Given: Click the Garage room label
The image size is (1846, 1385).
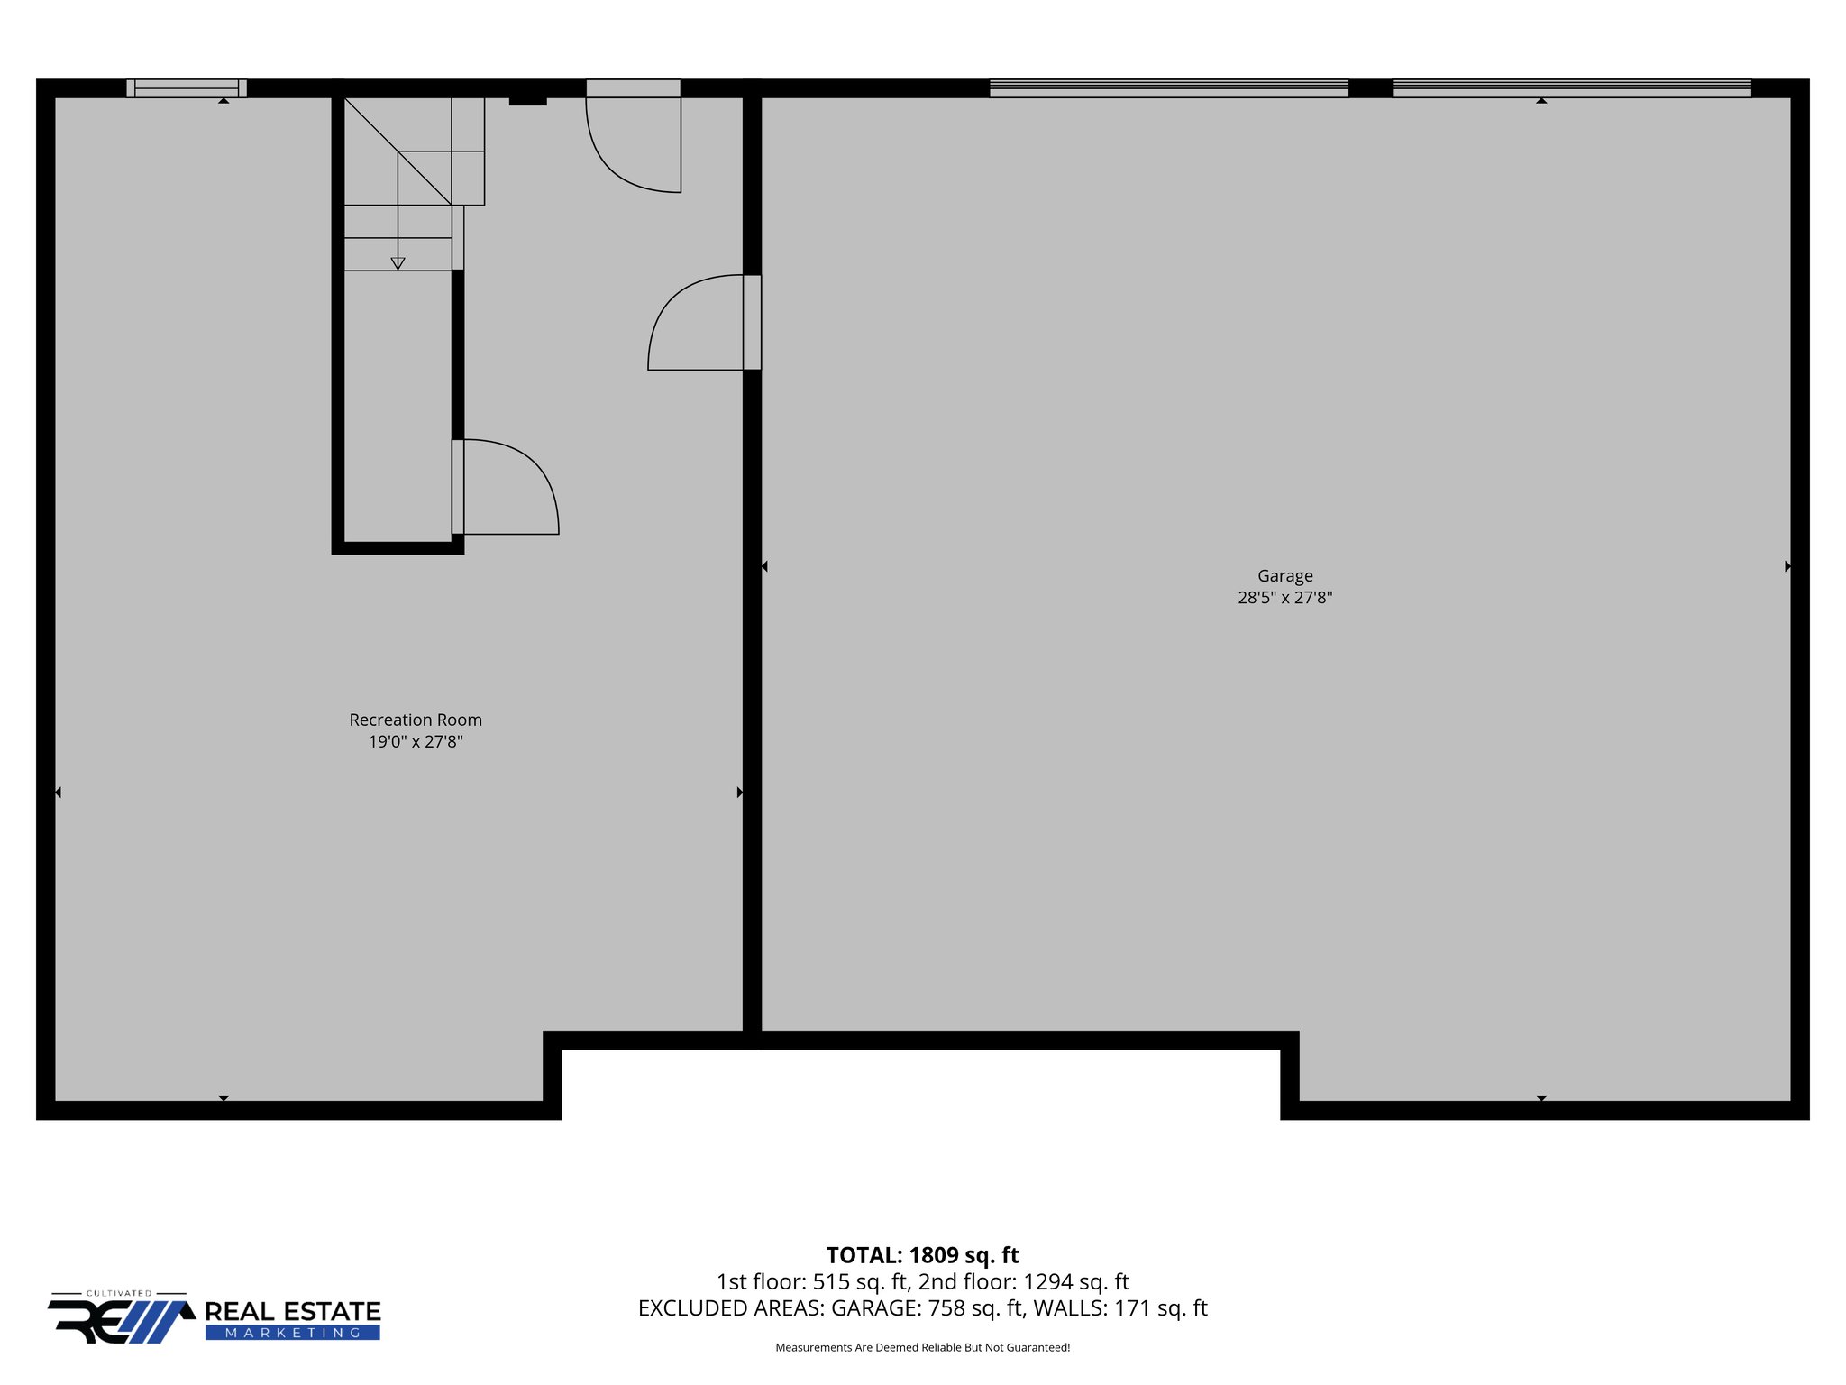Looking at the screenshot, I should [1284, 575].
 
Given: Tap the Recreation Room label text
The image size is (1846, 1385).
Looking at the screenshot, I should [416, 720].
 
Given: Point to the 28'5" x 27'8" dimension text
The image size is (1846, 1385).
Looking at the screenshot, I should [1284, 597].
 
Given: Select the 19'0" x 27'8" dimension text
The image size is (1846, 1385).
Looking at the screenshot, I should [416, 741].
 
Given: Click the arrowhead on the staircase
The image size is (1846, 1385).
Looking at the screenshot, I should [398, 263].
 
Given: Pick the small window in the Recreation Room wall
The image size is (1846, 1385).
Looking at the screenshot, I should [187, 88].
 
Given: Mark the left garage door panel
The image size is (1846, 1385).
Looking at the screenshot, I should [1168, 88].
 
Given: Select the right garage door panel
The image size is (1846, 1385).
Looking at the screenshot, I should [1571, 88].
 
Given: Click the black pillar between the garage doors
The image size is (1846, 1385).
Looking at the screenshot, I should [1370, 88].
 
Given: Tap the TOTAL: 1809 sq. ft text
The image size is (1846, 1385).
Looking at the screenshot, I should [922, 1255].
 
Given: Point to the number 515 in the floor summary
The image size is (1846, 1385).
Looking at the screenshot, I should [832, 1281].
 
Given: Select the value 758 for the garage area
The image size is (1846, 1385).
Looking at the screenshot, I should [946, 1307].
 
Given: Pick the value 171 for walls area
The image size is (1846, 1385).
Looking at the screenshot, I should [1132, 1307].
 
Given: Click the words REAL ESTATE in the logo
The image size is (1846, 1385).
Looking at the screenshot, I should [293, 1312].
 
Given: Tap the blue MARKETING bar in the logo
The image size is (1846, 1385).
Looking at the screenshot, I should [293, 1333].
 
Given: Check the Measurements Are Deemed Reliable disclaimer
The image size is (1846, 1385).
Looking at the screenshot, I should [922, 1347].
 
